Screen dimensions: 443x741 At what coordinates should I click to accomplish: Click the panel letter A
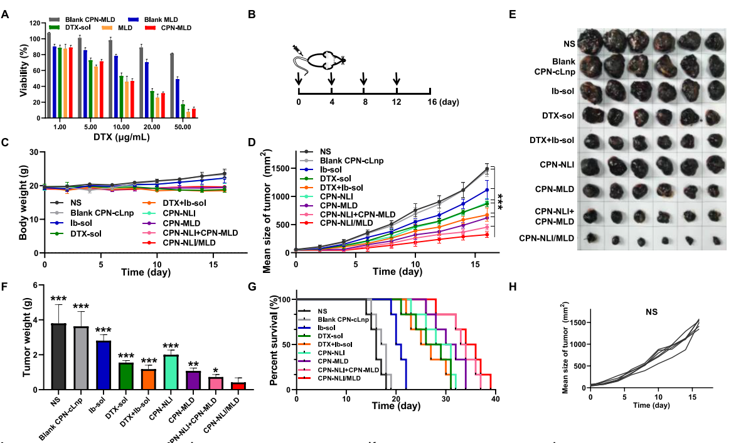coord(5,13)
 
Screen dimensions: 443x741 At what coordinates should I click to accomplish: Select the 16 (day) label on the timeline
coord(442,102)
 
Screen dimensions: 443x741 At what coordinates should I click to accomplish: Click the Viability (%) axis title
coord(24,70)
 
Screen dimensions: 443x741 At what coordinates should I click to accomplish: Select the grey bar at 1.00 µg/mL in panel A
coord(49,75)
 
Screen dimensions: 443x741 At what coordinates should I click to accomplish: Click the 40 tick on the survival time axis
coord(496,399)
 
